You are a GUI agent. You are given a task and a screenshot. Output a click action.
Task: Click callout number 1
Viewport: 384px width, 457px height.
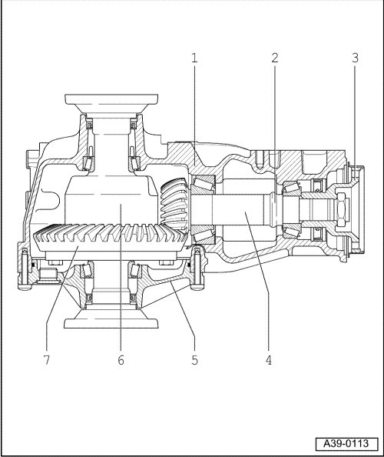point(194,58)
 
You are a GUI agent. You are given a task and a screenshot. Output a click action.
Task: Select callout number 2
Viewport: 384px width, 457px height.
point(275,58)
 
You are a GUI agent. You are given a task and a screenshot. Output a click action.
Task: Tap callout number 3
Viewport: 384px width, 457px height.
point(355,58)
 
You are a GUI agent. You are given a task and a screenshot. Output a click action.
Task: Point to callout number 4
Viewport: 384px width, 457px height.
point(269,360)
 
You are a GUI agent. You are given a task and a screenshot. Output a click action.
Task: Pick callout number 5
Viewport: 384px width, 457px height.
point(194,360)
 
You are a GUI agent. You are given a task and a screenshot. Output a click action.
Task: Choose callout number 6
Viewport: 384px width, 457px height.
point(121,360)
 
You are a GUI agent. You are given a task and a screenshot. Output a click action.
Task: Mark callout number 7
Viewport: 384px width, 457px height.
point(47,360)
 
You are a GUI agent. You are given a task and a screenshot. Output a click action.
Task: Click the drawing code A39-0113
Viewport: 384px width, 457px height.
point(346,444)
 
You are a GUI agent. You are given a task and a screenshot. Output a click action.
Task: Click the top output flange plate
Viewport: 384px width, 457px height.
point(111,99)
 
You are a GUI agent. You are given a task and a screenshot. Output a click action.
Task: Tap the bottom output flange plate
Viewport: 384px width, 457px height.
point(111,323)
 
